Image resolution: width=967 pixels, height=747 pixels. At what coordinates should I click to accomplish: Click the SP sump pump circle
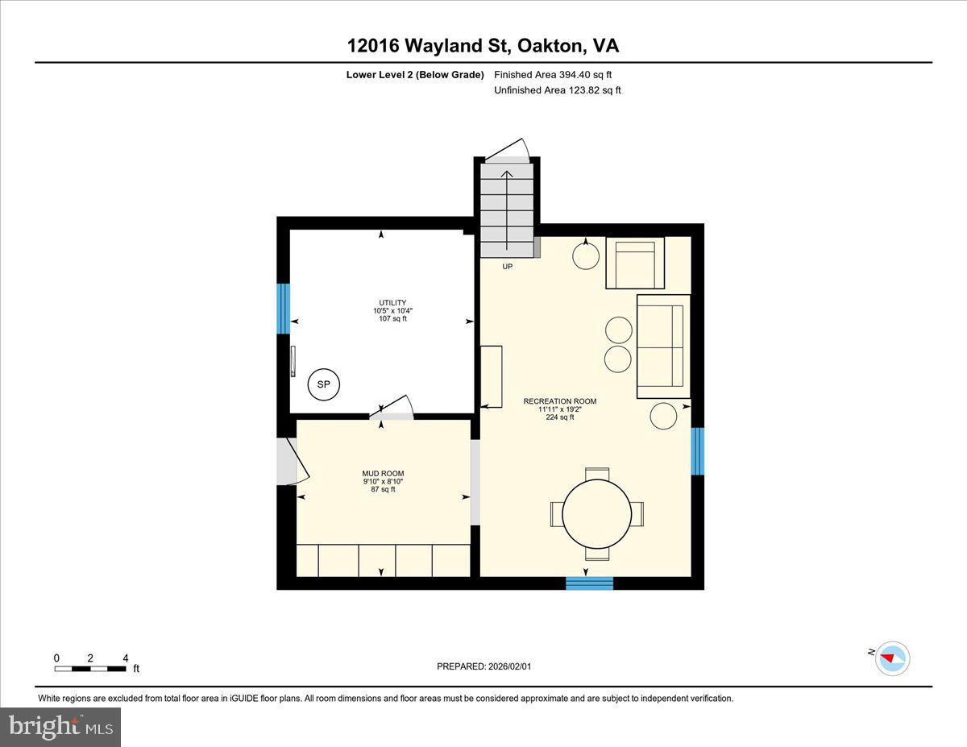[x=323, y=384]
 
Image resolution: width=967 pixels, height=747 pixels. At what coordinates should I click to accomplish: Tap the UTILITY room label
[x=393, y=303]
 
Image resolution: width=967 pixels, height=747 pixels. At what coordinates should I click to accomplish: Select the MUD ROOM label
[x=383, y=474]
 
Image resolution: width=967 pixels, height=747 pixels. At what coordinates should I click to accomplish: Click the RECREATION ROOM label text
[x=560, y=401]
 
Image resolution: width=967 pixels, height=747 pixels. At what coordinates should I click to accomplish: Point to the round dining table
[x=597, y=513]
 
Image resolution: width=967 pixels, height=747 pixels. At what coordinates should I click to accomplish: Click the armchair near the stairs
[x=635, y=263]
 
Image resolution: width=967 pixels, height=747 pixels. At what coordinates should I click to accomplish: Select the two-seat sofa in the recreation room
[x=663, y=347]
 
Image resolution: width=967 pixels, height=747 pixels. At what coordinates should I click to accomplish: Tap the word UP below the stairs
[x=508, y=267]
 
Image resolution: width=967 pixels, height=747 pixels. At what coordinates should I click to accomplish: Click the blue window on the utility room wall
[x=283, y=308]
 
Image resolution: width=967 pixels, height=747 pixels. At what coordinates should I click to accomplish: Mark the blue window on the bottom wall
[x=589, y=583]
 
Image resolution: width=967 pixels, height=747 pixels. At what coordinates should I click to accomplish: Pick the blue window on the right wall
[x=698, y=451]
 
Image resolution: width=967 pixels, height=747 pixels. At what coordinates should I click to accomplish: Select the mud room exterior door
[x=288, y=462]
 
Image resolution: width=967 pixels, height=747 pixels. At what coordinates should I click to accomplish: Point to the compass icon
[x=892, y=658]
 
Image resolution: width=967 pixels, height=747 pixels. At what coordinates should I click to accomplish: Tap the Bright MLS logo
[x=60, y=727]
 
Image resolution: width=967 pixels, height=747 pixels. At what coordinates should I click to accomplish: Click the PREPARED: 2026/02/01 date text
[x=484, y=666]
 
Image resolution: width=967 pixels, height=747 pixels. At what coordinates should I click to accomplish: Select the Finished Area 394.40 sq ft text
[x=553, y=75]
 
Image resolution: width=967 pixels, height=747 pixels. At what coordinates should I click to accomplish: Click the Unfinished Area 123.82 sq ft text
[x=557, y=90]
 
